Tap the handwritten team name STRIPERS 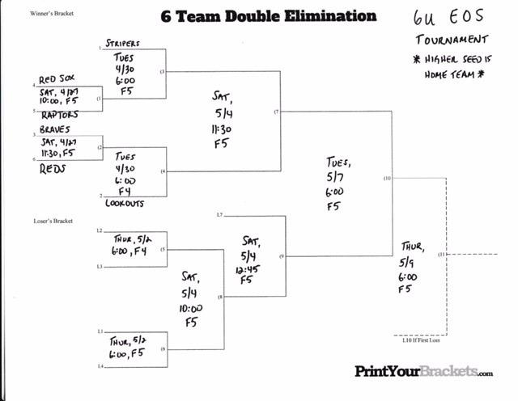click(x=123, y=43)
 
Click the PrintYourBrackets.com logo click(x=423, y=371)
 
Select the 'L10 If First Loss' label click(x=419, y=340)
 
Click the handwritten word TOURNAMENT click(x=452, y=39)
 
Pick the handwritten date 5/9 click(x=408, y=262)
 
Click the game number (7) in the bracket click(x=276, y=112)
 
